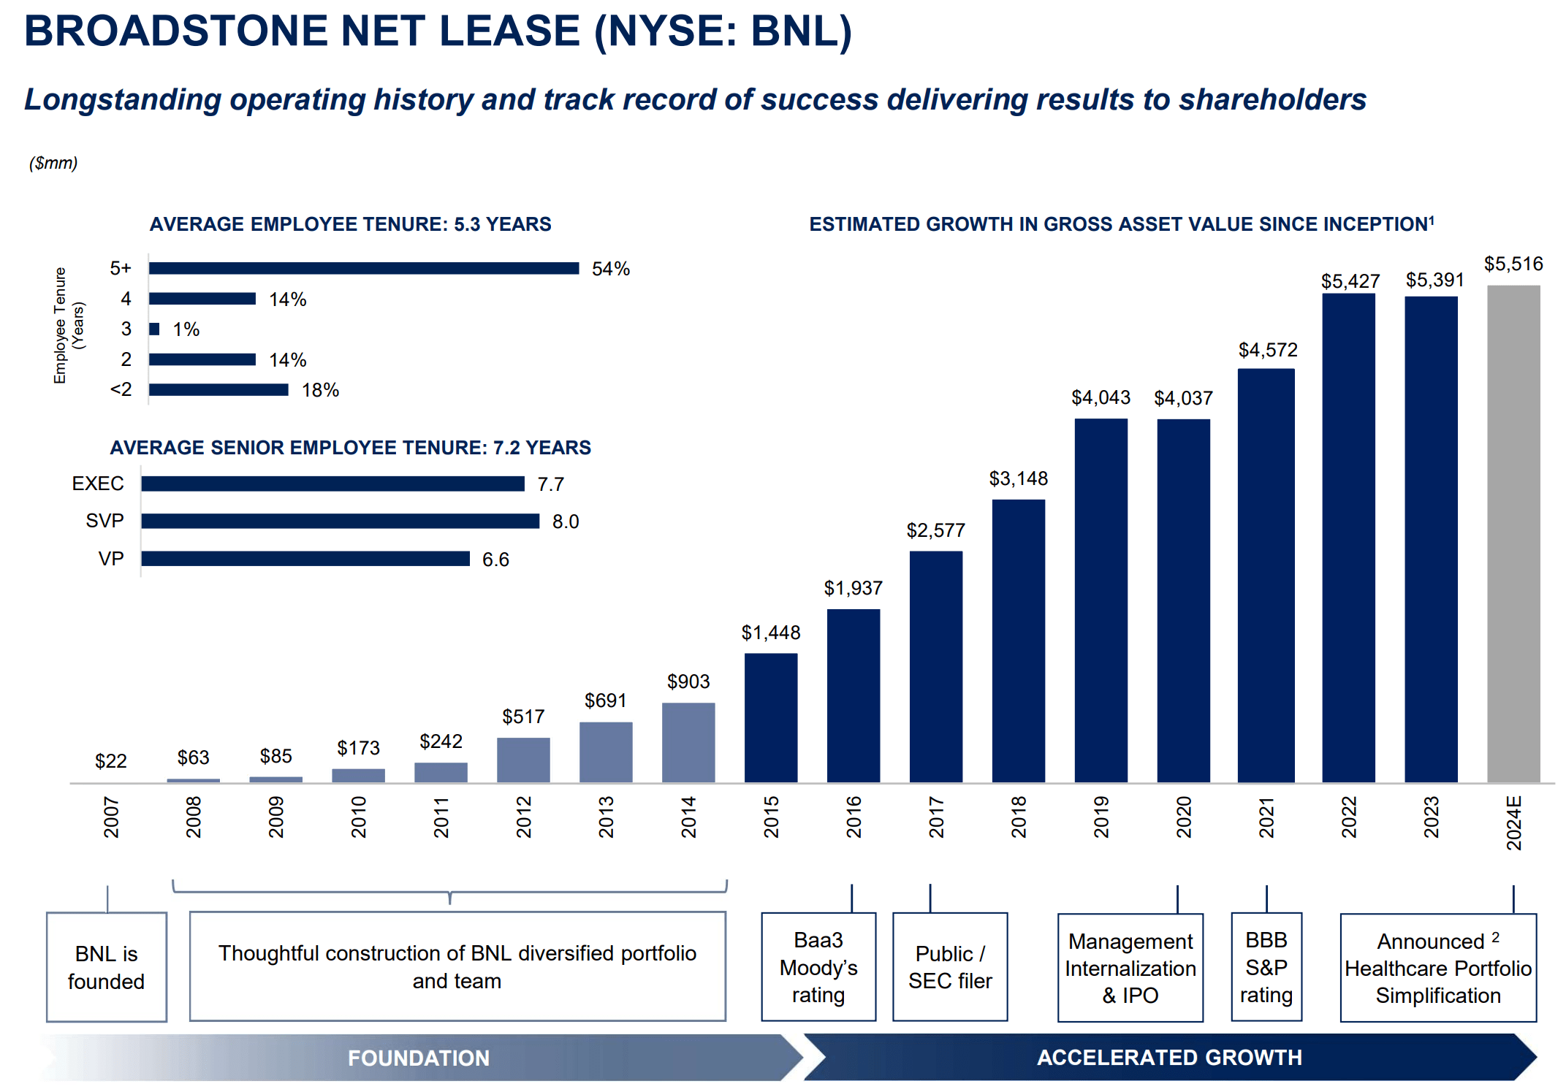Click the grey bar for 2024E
pyautogui.click(x=1513, y=533)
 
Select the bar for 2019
pyautogui.click(x=1101, y=599)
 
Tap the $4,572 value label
pyautogui.click(x=1268, y=350)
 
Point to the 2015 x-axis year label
pyautogui.click(x=772, y=817)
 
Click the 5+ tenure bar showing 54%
pyautogui.click(x=363, y=268)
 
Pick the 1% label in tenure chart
pyautogui.click(x=186, y=329)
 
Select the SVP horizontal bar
pyautogui.click(x=340, y=521)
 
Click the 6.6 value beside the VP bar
pyautogui.click(x=495, y=560)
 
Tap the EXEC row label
pyautogui.click(x=98, y=484)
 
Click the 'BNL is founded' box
pyautogui.click(x=107, y=967)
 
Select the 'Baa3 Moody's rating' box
pyautogui.click(x=818, y=967)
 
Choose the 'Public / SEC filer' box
pyautogui.click(x=950, y=967)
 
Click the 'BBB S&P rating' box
pyautogui.click(x=1266, y=967)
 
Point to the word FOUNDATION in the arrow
pyautogui.click(x=418, y=1058)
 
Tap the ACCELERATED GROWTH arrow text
pyautogui.click(x=1169, y=1057)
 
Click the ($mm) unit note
pyautogui.click(x=53, y=163)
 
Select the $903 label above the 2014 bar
pyautogui.click(x=688, y=681)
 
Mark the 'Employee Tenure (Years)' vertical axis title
pyautogui.click(x=69, y=325)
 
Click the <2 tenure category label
pyautogui.click(x=121, y=389)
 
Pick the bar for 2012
pyautogui.click(x=523, y=760)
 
